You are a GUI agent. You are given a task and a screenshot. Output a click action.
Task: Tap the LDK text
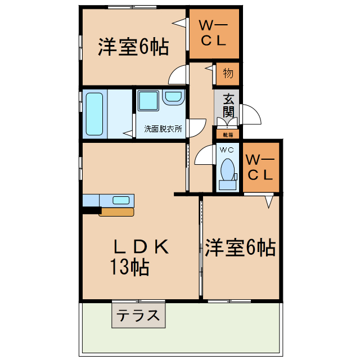[140, 246]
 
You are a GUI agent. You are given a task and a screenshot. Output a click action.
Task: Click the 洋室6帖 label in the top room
[133, 48]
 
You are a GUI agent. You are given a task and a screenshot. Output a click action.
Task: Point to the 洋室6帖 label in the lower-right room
[240, 247]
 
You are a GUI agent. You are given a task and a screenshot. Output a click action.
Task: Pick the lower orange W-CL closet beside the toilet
[260, 167]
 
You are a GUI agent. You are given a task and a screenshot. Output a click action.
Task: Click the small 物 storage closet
[227, 73]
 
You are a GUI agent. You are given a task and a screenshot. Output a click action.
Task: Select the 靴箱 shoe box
[228, 134]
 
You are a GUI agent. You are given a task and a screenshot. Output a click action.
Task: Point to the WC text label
[227, 150]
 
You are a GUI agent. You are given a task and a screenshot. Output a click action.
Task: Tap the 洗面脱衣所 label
[163, 128]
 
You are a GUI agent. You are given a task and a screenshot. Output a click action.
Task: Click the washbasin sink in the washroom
[173, 98]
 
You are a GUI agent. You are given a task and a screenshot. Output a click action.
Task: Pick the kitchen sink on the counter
[121, 200]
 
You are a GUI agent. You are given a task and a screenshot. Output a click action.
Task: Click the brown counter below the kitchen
[116, 212]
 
